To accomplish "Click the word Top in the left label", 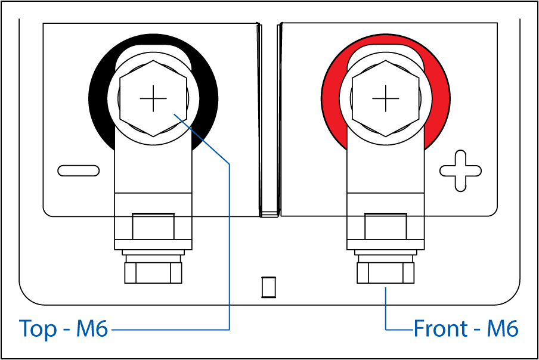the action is pos(38,328).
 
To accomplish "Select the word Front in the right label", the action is pos(441,328).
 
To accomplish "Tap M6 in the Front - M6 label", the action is pos(502,328).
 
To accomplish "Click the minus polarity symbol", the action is pos(79,170).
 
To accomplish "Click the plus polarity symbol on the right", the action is pos(460,170).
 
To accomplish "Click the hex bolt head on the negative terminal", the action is pos(153,98).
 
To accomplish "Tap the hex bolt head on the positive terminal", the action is pos(386,98).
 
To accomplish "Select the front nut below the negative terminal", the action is pos(153,273).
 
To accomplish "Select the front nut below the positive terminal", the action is pos(385,273).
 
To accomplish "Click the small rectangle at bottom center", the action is pos(269,287).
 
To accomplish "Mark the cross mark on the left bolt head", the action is pos(153,98).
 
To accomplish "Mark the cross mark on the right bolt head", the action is pos(386,98).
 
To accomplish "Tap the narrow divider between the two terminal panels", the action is pos(269,120).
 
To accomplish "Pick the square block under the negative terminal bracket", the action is pos(153,226).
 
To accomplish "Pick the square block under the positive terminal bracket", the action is pos(385,226).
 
